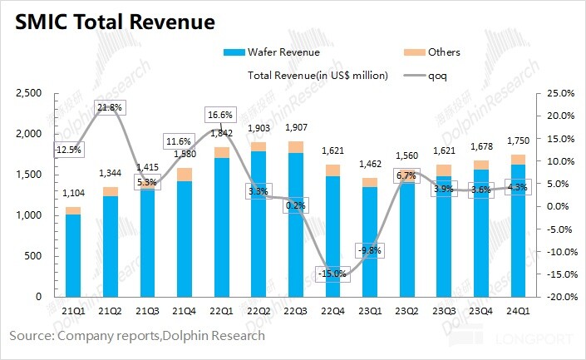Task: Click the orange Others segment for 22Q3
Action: [x=295, y=147]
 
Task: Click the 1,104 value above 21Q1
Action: [x=73, y=193]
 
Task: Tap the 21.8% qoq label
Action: [x=111, y=108]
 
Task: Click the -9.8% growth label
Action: [x=369, y=250]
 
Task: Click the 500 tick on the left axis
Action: [x=35, y=255]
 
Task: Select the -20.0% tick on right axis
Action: [x=556, y=296]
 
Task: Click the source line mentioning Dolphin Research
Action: [x=137, y=336]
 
